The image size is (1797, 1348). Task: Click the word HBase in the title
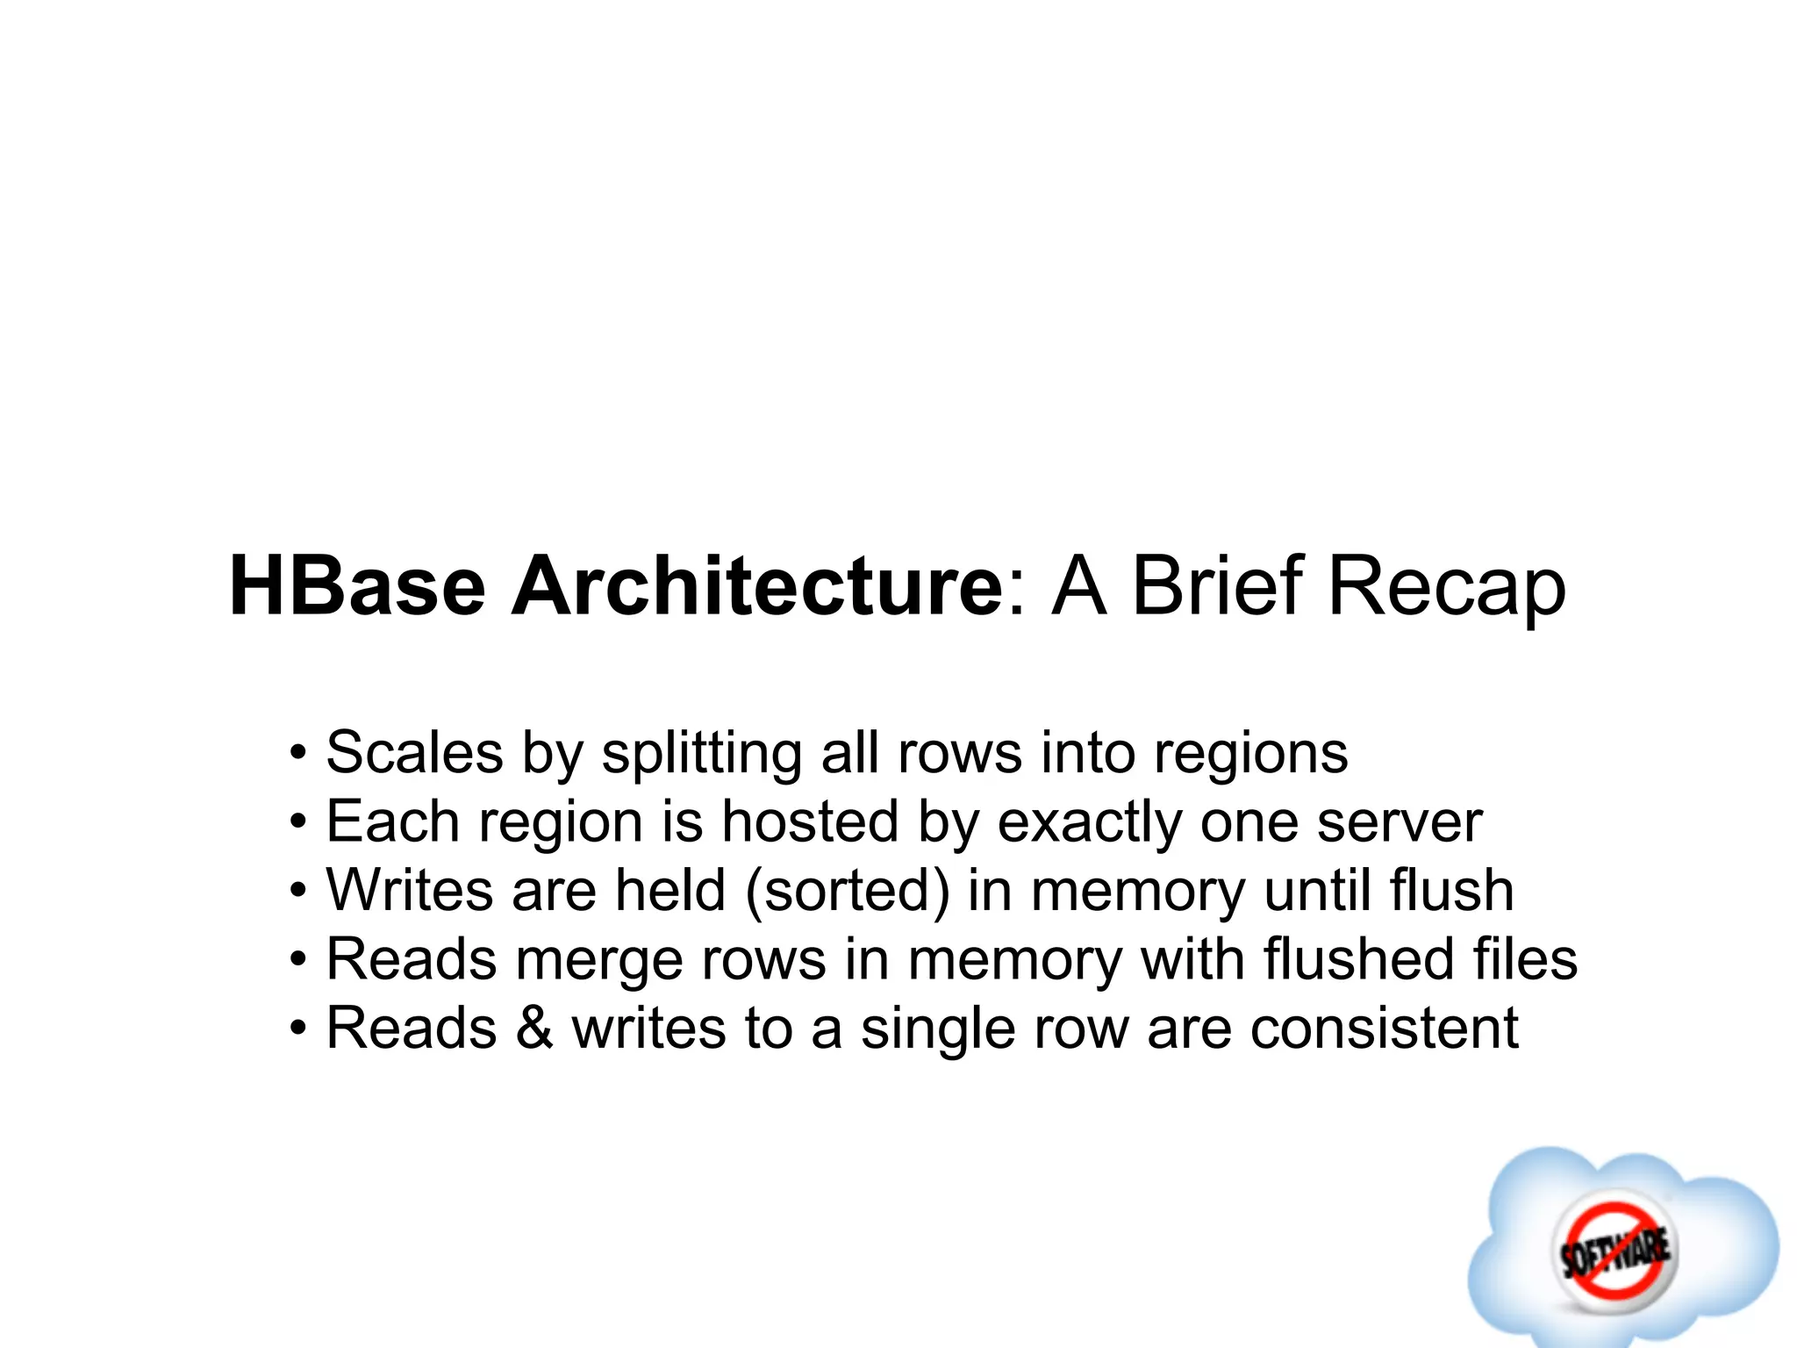pyautogui.click(x=356, y=586)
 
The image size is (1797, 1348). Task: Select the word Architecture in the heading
pyautogui.click(x=755, y=586)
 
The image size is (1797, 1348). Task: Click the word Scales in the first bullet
pyautogui.click(x=414, y=753)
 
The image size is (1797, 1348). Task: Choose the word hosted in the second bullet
pyautogui.click(x=810, y=821)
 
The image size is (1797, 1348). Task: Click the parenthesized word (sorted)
pyautogui.click(x=847, y=891)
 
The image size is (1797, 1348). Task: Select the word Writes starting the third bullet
pyautogui.click(x=409, y=890)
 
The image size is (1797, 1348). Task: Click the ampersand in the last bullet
pyautogui.click(x=534, y=1028)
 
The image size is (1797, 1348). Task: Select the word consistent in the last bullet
pyautogui.click(x=1384, y=1028)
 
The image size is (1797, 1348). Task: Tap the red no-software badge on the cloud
pyautogui.click(x=1614, y=1247)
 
